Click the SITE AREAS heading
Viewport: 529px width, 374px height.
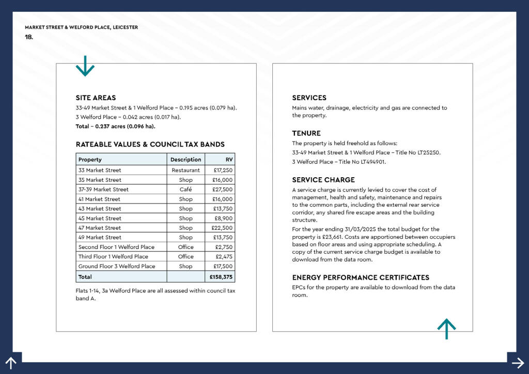click(96, 98)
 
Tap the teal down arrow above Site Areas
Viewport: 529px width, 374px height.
click(85, 66)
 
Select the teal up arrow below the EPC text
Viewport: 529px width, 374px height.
click(446, 329)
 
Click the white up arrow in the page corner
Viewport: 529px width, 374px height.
click(11, 363)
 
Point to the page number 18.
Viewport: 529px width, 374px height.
click(29, 37)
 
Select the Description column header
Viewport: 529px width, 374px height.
click(185, 160)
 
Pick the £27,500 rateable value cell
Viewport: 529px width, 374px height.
click(222, 190)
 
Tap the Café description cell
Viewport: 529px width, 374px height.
click(185, 190)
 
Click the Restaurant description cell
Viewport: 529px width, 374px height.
click(185, 170)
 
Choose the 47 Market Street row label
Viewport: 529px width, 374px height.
click(100, 228)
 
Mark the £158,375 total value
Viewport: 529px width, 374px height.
click(221, 277)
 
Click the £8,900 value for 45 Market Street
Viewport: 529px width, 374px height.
click(224, 219)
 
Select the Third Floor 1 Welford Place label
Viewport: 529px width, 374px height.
click(113, 257)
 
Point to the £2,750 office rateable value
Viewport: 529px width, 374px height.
click(224, 247)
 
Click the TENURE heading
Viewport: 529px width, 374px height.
click(306, 133)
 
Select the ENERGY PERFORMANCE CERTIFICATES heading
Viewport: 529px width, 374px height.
click(361, 277)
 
